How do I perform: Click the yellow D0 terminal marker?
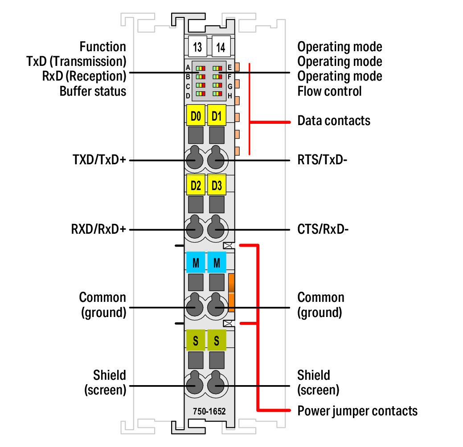click(x=196, y=117)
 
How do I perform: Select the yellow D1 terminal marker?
click(x=217, y=117)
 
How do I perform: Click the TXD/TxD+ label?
click(x=99, y=160)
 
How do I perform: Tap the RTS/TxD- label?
click(x=322, y=160)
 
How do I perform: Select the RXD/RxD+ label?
click(x=98, y=230)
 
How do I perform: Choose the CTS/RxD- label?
click(x=323, y=230)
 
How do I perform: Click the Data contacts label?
click(x=334, y=121)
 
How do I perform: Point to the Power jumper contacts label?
click(x=357, y=410)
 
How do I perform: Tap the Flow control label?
click(x=329, y=91)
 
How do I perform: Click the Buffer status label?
click(x=93, y=91)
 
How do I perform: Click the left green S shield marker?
click(x=196, y=341)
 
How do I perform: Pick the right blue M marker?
click(x=217, y=263)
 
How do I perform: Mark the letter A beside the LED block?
click(x=188, y=68)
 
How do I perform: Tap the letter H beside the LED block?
click(x=229, y=95)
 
